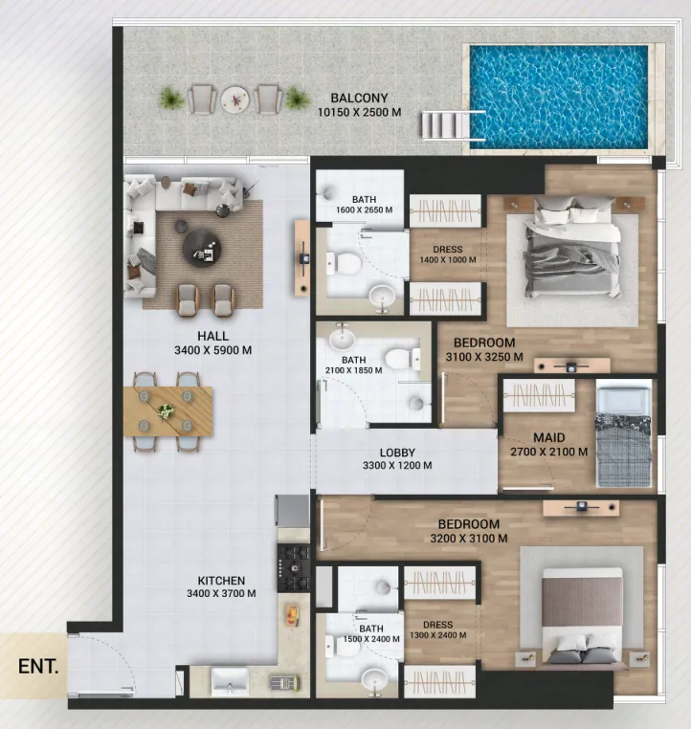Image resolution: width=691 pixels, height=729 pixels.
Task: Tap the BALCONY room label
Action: tap(359, 98)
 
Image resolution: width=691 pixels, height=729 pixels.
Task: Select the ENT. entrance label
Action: tap(38, 666)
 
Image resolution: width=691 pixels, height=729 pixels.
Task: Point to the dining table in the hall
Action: tap(167, 411)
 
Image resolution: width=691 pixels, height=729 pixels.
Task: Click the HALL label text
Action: tap(212, 336)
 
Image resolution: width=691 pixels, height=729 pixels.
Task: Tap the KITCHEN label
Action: tap(221, 580)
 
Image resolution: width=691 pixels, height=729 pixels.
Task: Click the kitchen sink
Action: tap(229, 682)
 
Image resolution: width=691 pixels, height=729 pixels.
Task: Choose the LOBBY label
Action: tap(396, 452)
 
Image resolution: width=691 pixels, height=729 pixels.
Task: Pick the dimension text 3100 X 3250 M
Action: tap(484, 357)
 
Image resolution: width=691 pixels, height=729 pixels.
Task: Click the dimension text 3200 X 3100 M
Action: tap(469, 539)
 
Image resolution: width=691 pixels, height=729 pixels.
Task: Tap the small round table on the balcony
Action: tap(234, 99)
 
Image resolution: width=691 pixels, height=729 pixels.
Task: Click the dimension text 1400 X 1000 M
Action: tap(447, 260)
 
